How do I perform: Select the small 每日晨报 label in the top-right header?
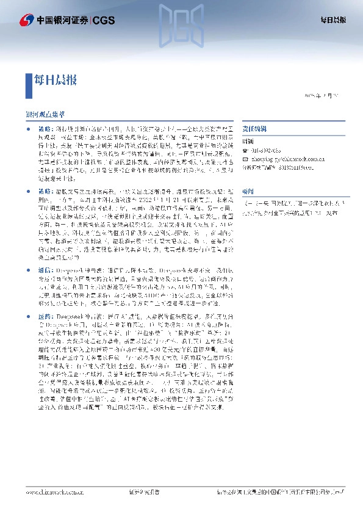click(334, 20)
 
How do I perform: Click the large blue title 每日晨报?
click(56, 79)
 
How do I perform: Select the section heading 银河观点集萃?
click(46, 114)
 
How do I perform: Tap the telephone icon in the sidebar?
click(245, 150)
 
